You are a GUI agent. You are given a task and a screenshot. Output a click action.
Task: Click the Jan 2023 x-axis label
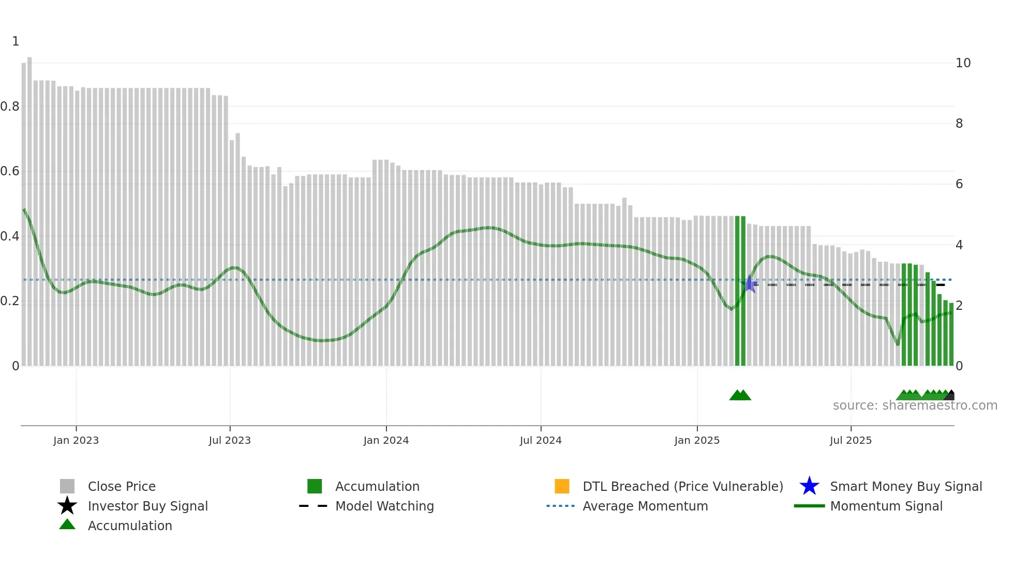pos(76,440)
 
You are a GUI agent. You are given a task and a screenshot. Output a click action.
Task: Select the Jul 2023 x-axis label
pos(230,440)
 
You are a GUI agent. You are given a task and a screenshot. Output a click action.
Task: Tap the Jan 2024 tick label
pos(386,440)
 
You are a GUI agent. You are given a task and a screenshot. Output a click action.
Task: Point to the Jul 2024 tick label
pos(541,440)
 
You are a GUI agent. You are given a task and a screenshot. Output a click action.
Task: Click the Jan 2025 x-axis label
pos(697,440)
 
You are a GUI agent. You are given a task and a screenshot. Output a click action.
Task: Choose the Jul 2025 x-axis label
pos(851,440)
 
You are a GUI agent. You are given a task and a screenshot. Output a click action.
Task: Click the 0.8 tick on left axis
pos(10,107)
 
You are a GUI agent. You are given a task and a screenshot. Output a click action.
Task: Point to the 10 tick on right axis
pos(963,63)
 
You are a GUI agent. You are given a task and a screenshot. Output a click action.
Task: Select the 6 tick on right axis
pos(959,184)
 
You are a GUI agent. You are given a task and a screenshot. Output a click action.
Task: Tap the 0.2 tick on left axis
pos(10,301)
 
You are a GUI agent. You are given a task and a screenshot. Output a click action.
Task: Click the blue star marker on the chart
pos(749,284)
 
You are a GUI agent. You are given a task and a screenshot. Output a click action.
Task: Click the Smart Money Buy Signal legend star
pos(809,486)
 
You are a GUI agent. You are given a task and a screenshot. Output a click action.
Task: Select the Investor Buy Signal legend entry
pos(147,506)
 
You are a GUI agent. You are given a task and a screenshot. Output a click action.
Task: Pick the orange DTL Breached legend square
pos(562,486)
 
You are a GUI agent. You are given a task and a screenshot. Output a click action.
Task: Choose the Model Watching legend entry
pos(384,506)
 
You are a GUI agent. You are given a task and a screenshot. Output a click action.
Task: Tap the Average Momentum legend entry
pos(645,506)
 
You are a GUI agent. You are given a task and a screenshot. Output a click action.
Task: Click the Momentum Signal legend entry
pos(886,506)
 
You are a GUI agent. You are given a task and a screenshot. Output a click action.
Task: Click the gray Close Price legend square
pos(67,486)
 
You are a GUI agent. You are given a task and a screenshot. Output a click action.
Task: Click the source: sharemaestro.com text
pos(915,406)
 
